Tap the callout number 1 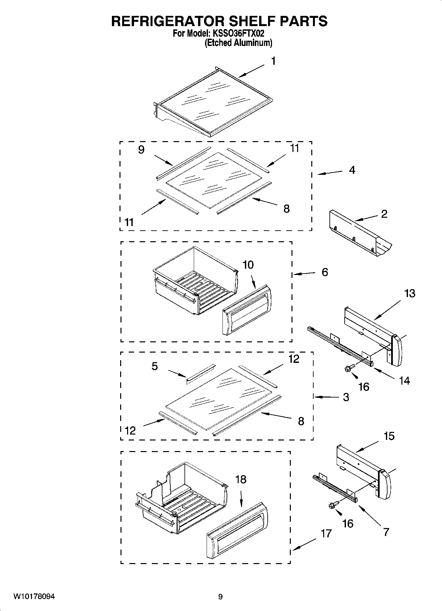tap(273, 61)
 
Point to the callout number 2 tap(384, 214)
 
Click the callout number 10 tap(248, 265)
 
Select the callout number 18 tap(241, 479)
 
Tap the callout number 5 tap(154, 366)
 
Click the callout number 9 tap(141, 150)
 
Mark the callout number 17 tap(326, 533)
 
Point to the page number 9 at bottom tap(220, 597)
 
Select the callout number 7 tap(386, 532)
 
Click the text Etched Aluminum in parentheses tap(238, 43)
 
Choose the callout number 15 tap(389, 436)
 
